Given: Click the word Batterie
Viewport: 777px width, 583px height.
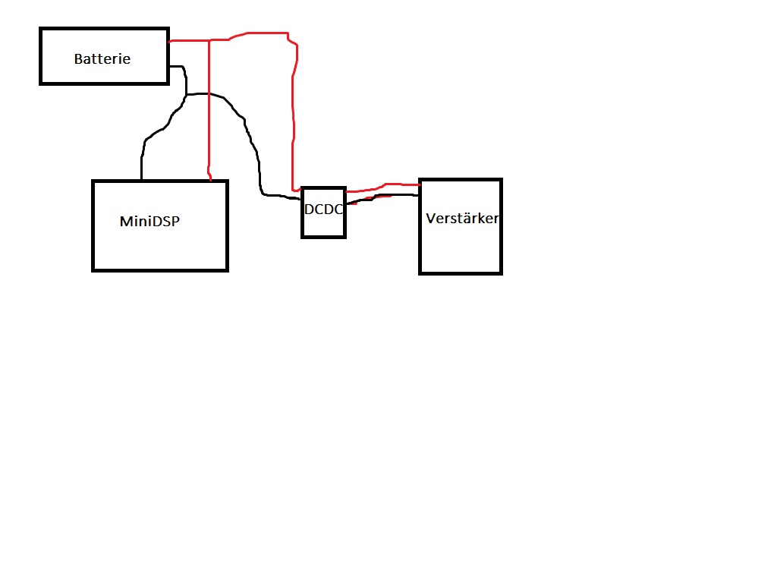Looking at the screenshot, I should [x=102, y=58].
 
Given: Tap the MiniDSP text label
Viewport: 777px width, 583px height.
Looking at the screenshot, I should [x=150, y=222].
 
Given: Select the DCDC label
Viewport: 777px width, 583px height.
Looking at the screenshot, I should [x=324, y=210].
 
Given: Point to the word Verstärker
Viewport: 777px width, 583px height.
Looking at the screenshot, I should [x=461, y=219].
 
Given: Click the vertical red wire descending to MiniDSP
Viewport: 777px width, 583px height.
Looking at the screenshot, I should [x=209, y=114].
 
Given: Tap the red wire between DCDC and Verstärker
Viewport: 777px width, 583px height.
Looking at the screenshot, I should [x=383, y=186].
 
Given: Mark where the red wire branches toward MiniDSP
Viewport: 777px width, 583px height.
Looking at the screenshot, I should [x=209, y=40].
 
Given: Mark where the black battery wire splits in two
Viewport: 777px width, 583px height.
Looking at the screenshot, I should [x=186, y=96].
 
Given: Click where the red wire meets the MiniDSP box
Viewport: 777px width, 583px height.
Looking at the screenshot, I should [x=209, y=180].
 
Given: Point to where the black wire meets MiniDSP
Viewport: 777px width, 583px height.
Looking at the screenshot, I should [x=141, y=180].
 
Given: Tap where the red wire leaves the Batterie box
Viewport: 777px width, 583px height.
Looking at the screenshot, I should [x=169, y=41].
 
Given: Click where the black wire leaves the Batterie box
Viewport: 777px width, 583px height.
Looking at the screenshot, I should [x=169, y=67].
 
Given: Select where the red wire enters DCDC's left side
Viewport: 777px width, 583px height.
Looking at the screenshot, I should [x=301, y=190].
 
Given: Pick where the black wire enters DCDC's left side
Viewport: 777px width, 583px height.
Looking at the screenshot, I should [x=301, y=198].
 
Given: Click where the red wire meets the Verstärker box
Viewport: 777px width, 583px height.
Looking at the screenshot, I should [x=420, y=184].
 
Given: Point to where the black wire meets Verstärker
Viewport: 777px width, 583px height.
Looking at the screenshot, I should [x=420, y=195].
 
